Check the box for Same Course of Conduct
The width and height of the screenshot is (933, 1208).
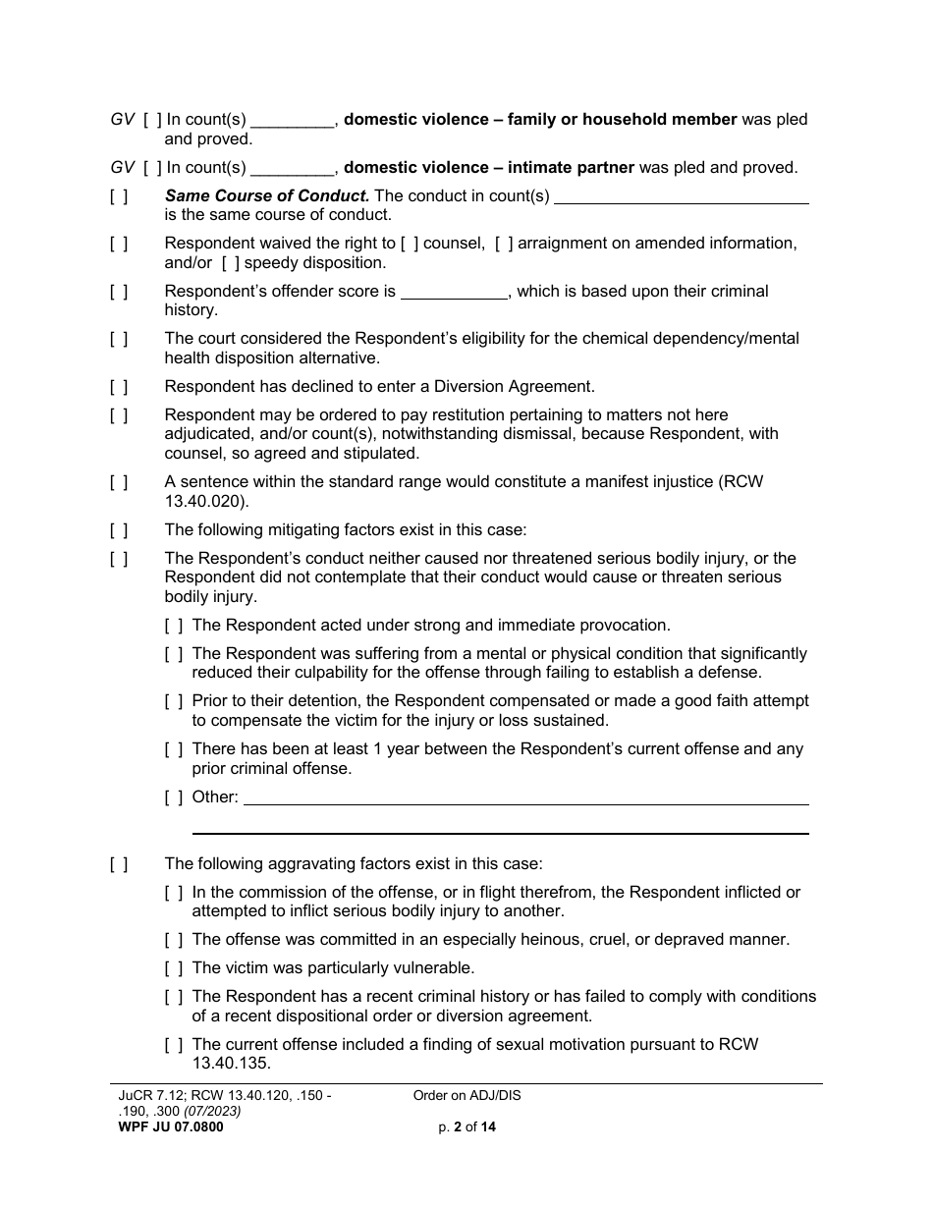point(119,195)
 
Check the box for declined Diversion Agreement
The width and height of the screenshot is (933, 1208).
point(119,386)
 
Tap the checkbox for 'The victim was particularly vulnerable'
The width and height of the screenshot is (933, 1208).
point(174,968)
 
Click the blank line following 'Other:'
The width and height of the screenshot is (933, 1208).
point(525,797)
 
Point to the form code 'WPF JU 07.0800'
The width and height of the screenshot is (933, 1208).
point(167,1127)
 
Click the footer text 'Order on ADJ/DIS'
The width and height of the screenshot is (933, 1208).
point(467,1096)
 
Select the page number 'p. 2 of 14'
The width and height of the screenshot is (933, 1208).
point(467,1127)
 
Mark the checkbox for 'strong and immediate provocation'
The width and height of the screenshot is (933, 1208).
point(174,626)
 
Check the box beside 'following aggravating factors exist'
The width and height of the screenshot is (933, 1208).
point(119,864)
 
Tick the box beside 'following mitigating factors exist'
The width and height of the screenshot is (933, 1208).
point(119,530)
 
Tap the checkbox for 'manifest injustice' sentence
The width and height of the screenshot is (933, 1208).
point(119,482)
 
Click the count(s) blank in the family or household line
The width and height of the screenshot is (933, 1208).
point(293,120)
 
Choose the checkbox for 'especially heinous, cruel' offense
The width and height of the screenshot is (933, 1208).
point(174,940)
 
